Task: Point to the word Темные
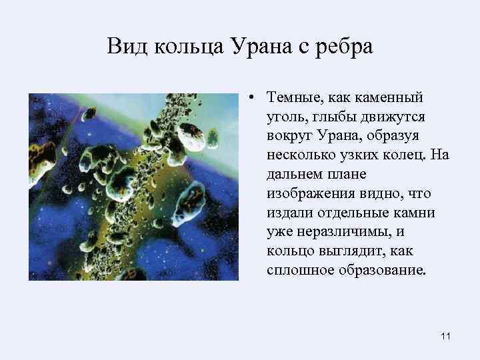(291, 99)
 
